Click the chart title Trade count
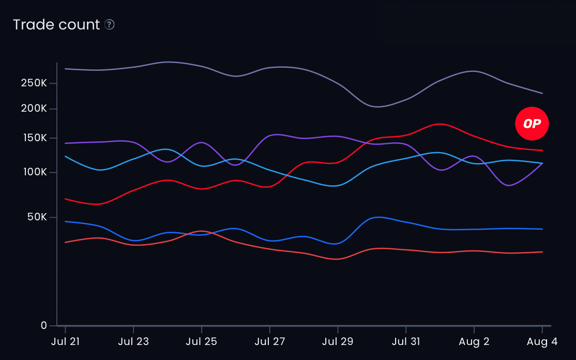point(56,25)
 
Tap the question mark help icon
point(109,24)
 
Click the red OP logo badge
point(532,124)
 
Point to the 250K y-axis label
point(34,83)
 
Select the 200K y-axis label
point(34,109)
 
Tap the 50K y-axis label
point(37,217)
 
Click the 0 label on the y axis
point(43,325)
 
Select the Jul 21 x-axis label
point(65,342)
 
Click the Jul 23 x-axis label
point(133,342)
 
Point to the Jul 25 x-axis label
point(201,342)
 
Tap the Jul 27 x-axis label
point(269,342)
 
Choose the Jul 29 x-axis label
point(338,342)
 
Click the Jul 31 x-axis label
point(406,342)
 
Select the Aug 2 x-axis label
point(474,342)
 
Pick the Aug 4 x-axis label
point(542,342)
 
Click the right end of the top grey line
point(542,93)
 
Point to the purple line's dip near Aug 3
point(509,185)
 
